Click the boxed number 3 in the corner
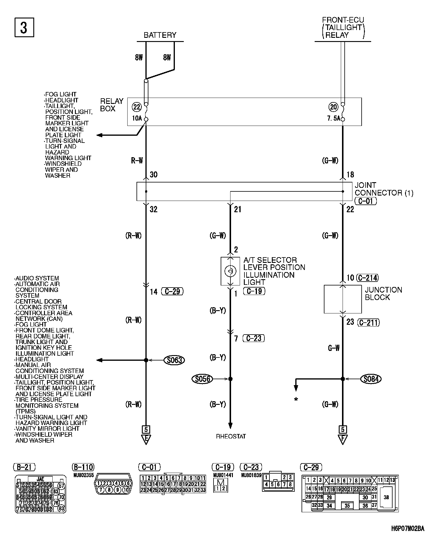pyautogui.click(x=24, y=27)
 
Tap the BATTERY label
pyautogui.click(x=160, y=35)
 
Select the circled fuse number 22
pyautogui.click(x=137, y=107)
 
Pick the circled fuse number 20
pyautogui.click(x=333, y=107)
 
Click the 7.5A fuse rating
pyautogui.click(x=333, y=118)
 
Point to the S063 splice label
pyautogui.click(x=174, y=360)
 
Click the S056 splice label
pyautogui.click(x=203, y=379)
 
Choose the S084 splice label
pyautogui.click(x=371, y=379)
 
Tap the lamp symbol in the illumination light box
pyautogui.click(x=230, y=271)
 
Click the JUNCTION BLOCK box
pyautogui.click(x=343, y=299)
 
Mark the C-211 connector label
pyautogui.click(x=369, y=322)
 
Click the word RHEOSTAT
pyautogui.click(x=231, y=436)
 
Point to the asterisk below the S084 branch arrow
pyautogui.click(x=296, y=399)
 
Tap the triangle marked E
pyautogui.click(x=146, y=439)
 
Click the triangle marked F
pyautogui.click(x=343, y=439)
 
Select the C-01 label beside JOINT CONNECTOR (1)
pyautogui.click(x=365, y=201)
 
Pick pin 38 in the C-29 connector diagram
pyautogui.click(x=386, y=497)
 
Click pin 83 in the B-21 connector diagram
pyautogui.click(x=61, y=508)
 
